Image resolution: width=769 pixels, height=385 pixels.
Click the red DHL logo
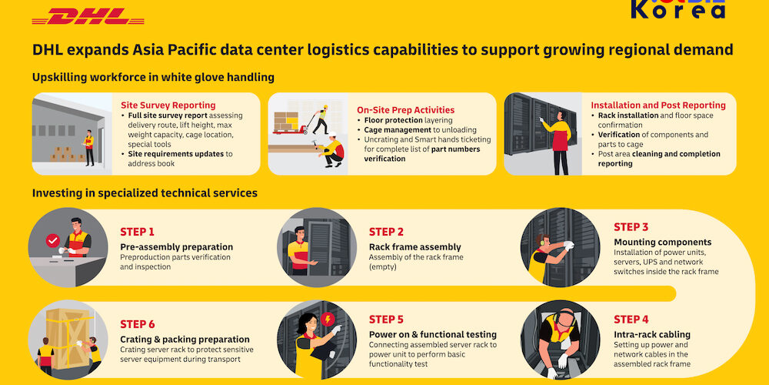(x=88, y=16)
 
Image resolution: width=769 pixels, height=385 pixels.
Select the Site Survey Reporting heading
(x=168, y=105)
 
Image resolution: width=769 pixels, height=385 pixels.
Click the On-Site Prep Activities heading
(x=405, y=110)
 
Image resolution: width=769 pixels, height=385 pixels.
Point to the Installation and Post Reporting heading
(x=658, y=105)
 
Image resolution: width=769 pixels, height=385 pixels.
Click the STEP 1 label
(x=137, y=232)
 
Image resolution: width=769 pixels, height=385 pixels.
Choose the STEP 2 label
(x=387, y=232)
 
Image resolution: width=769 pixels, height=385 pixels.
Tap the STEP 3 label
(x=631, y=227)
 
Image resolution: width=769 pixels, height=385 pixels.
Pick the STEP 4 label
(x=631, y=320)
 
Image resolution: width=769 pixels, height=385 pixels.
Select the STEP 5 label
(x=387, y=320)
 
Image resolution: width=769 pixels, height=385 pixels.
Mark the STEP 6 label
(x=138, y=325)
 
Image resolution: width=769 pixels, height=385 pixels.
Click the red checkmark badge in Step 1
(x=52, y=240)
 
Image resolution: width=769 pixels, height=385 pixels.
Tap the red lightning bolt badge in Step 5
(x=327, y=320)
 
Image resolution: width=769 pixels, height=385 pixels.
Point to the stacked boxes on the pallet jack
(x=286, y=122)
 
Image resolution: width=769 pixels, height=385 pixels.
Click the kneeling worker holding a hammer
(x=331, y=149)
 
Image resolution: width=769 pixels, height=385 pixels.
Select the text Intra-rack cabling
(x=652, y=334)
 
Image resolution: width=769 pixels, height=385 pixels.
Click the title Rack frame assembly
(x=415, y=247)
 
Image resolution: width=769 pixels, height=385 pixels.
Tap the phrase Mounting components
(x=663, y=242)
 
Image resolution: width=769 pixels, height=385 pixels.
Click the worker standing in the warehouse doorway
(x=88, y=148)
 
